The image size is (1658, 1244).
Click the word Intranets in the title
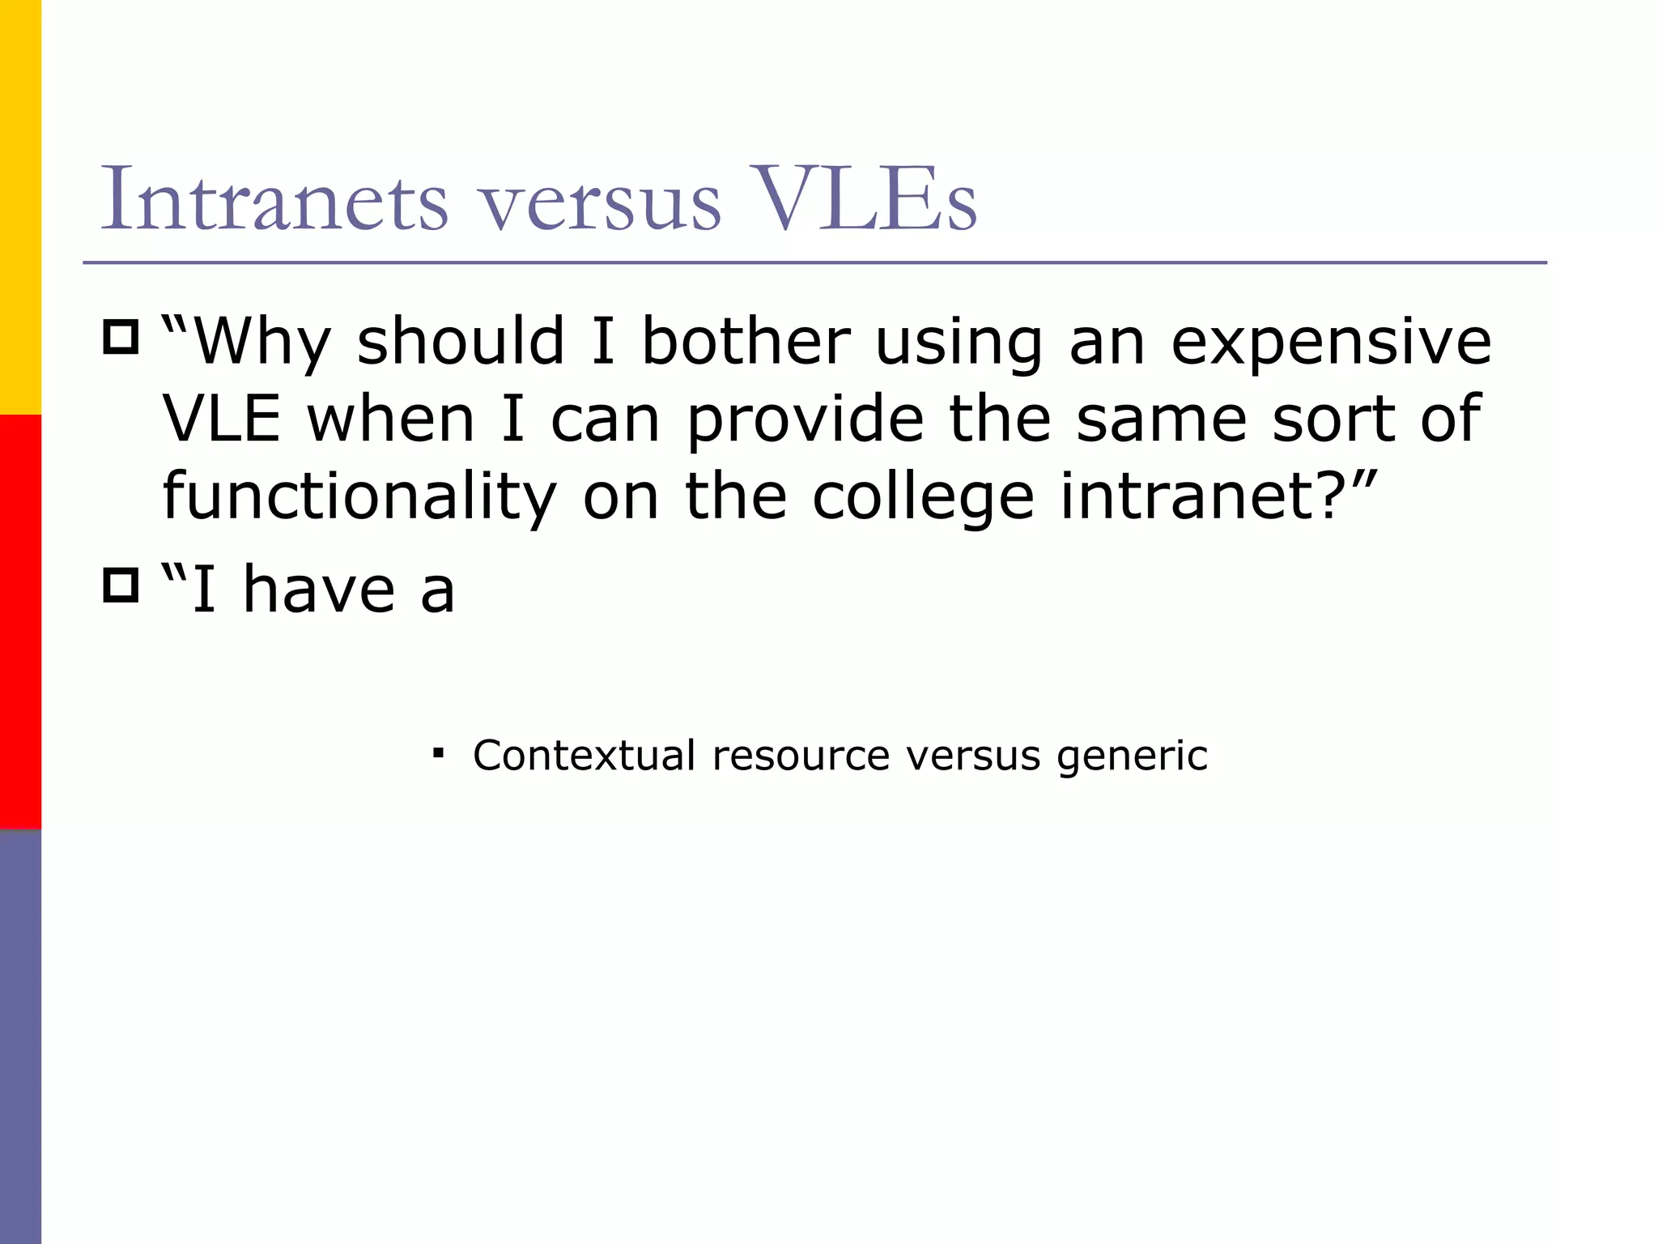(x=274, y=198)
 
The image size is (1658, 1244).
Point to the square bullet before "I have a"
(x=121, y=585)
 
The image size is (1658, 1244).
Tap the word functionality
(x=359, y=497)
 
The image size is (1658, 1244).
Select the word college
(x=923, y=497)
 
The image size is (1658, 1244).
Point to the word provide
(x=806, y=420)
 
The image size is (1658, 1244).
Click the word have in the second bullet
(x=319, y=590)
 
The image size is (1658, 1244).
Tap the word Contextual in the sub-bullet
(x=584, y=755)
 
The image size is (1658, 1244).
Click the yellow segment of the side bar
(x=20, y=207)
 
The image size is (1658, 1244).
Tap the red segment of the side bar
(x=20, y=622)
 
